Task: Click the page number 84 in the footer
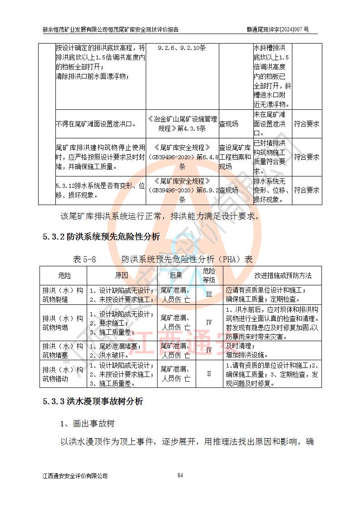[180, 475]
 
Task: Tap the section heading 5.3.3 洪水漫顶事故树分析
[93, 401]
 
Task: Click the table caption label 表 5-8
[84, 259]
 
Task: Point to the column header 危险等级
[209, 275]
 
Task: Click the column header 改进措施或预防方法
[272, 275]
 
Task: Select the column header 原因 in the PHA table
[121, 275]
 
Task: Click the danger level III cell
[209, 294]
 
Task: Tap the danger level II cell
[209, 374]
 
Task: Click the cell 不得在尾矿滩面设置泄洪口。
[96, 124]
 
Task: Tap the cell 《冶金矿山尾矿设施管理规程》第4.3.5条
[182, 124]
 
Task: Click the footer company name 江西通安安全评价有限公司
[75, 476]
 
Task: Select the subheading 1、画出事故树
[88, 424]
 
